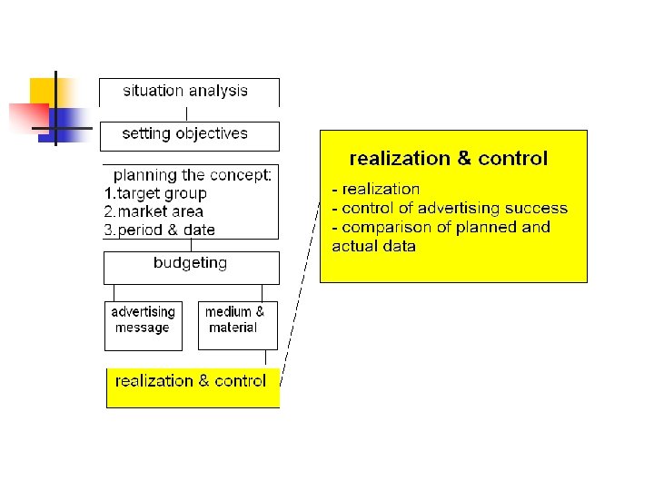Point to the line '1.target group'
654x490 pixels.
tap(155, 193)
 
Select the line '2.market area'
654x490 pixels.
tap(154, 211)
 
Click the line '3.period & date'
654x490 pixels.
tap(160, 230)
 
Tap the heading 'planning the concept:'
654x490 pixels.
tap(192, 175)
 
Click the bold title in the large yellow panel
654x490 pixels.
tap(448, 159)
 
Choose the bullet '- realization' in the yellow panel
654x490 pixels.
tap(376, 190)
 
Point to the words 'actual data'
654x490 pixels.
tap(374, 246)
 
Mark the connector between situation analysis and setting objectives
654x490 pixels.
tap(187, 114)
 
